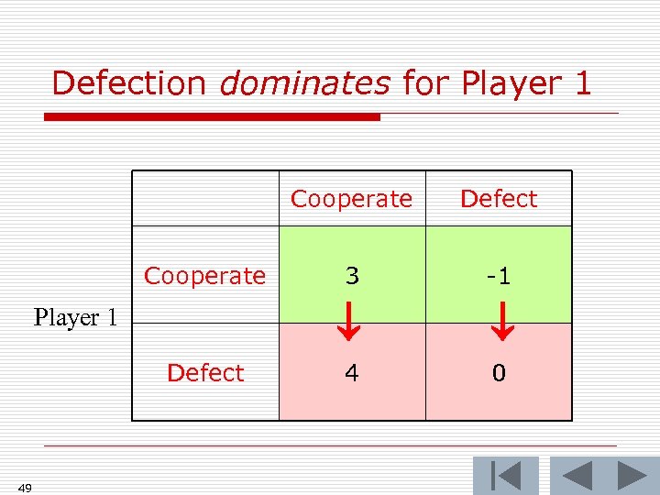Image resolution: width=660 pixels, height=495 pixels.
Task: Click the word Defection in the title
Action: click(129, 83)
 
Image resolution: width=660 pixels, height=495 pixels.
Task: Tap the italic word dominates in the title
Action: click(305, 83)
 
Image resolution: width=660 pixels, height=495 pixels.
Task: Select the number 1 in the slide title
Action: click(580, 83)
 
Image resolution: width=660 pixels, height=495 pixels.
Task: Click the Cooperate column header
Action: click(352, 199)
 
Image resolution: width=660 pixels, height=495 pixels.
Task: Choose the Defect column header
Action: click(499, 199)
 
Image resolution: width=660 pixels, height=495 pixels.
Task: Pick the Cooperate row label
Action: click(205, 276)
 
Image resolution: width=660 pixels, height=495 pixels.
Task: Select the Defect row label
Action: click(205, 373)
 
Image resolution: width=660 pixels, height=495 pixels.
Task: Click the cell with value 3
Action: click(352, 276)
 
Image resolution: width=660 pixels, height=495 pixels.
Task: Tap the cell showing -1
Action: click(499, 276)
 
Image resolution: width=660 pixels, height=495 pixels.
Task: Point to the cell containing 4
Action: click(352, 373)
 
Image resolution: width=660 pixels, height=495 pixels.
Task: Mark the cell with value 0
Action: click(499, 373)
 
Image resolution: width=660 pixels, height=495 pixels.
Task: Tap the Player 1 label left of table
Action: click(75, 318)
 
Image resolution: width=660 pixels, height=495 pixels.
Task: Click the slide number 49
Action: click(25, 488)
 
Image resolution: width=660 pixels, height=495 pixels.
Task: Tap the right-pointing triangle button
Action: click(632, 476)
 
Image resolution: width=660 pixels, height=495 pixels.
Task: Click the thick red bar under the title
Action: click(213, 117)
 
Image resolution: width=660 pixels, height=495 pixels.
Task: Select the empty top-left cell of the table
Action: click(205, 199)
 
